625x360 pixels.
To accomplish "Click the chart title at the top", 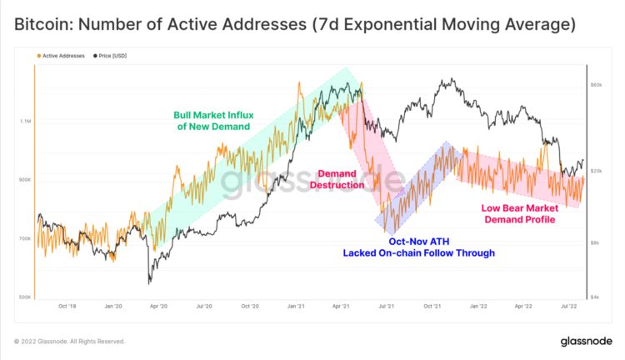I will click(x=294, y=26).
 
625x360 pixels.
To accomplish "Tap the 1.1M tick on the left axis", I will click(x=25, y=121).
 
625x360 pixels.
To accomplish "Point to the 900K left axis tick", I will click(x=24, y=180).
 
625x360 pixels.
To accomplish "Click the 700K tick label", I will click(x=24, y=238).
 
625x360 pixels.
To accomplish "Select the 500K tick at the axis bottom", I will click(x=24, y=297).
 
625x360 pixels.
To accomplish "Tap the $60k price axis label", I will click(x=596, y=86).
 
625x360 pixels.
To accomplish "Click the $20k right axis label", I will click(x=596, y=171).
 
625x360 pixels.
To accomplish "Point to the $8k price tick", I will click(x=595, y=242).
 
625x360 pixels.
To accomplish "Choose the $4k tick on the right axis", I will click(x=595, y=297).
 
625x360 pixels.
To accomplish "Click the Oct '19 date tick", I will click(x=69, y=307).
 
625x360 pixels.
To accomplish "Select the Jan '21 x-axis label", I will click(x=296, y=307).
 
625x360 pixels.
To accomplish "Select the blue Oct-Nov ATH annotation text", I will click(x=418, y=247).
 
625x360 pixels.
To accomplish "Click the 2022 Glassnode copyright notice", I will click(x=70, y=342).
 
